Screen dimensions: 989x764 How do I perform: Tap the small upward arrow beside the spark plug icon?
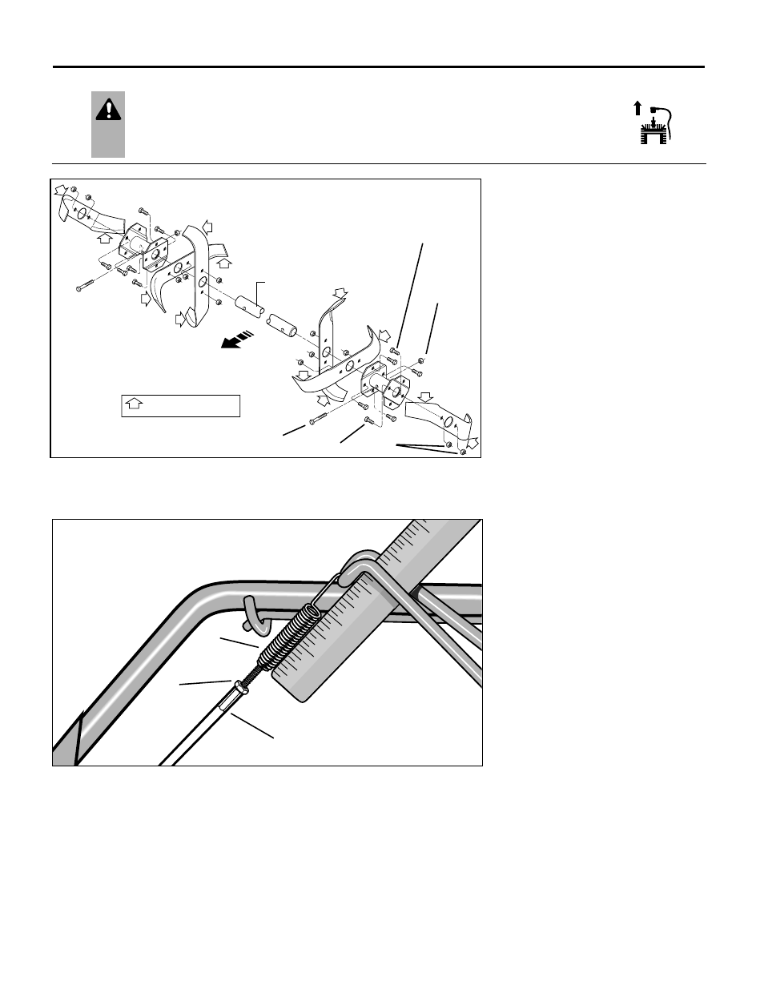pyautogui.click(x=637, y=108)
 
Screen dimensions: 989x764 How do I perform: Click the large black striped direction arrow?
pyautogui.click(x=239, y=340)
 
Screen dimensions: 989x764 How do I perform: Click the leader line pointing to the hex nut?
pyautogui.click(x=205, y=682)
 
